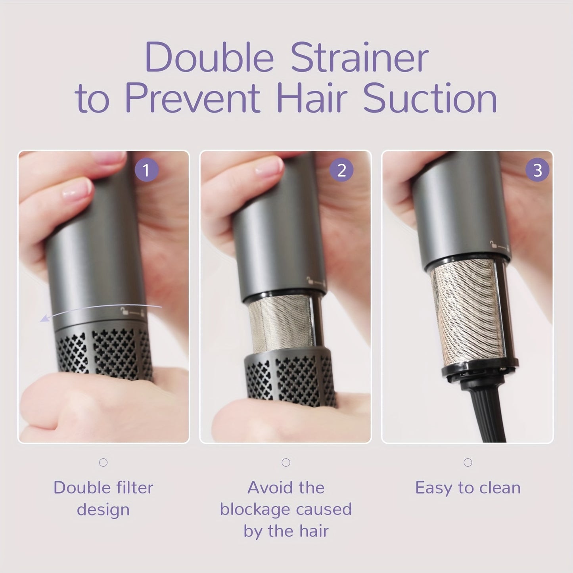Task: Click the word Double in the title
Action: (x=209, y=57)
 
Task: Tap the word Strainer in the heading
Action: (x=360, y=57)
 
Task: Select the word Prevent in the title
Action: (x=193, y=98)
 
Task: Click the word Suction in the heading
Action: (x=430, y=98)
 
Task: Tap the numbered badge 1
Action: (x=146, y=170)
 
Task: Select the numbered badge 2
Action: (x=341, y=170)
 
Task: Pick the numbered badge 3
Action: (x=537, y=170)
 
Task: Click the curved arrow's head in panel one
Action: (x=44, y=319)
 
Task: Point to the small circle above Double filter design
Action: (x=103, y=462)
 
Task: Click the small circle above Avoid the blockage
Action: (x=286, y=462)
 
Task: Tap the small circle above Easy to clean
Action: (x=468, y=462)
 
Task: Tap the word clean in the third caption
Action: (x=500, y=488)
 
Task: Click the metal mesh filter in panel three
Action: (x=466, y=312)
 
